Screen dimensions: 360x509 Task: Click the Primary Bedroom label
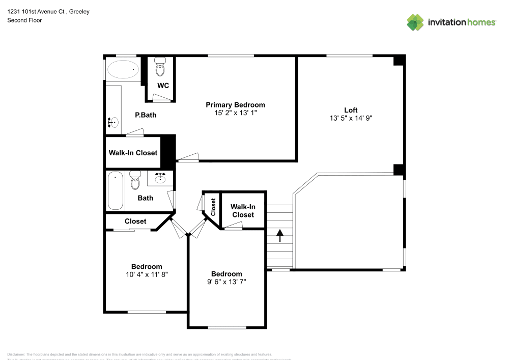[235, 105]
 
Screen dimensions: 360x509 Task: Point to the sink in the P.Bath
[114, 122]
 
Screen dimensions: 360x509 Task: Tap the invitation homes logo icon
[415, 22]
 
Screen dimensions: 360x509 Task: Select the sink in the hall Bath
[161, 178]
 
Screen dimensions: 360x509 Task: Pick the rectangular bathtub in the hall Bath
[116, 191]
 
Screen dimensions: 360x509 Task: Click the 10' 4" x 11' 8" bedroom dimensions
[147, 274]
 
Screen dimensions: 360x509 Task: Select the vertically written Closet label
[213, 207]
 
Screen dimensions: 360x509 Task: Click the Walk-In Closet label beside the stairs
[243, 211]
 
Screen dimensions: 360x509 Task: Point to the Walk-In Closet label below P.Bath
[133, 153]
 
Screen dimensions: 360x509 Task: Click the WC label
[163, 86]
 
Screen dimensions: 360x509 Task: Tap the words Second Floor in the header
[24, 20]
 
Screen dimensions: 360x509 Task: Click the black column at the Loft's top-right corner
[399, 60]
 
